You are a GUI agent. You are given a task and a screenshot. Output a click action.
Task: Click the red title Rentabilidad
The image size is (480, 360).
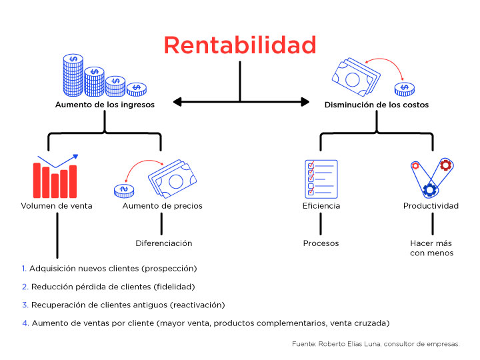pos(240,45)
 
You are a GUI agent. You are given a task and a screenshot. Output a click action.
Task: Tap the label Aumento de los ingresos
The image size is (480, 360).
pos(104,105)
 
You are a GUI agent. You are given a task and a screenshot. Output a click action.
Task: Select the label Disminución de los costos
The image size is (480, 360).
pos(377,105)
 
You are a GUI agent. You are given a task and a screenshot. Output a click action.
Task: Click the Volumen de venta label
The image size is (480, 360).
pos(57,206)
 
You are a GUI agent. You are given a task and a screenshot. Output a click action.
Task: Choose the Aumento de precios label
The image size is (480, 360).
pos(162,206)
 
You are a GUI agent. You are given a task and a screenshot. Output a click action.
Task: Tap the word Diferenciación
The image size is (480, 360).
pos(163,243)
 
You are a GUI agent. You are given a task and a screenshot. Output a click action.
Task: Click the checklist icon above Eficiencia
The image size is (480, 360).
pos(319,179)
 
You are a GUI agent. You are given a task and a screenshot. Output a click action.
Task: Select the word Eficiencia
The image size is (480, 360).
pos(321,206)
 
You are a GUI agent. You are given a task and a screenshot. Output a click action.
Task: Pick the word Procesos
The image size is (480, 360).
pos(321,243)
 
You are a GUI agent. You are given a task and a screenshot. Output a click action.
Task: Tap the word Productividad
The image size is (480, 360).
pos(431,206)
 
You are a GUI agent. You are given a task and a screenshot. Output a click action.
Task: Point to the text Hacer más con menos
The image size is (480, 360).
pos(431,248)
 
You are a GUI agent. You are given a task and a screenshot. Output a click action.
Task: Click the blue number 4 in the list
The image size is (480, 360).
pos(24,323)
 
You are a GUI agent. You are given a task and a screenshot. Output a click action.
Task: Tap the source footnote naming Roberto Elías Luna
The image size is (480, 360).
pos(375,344)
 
